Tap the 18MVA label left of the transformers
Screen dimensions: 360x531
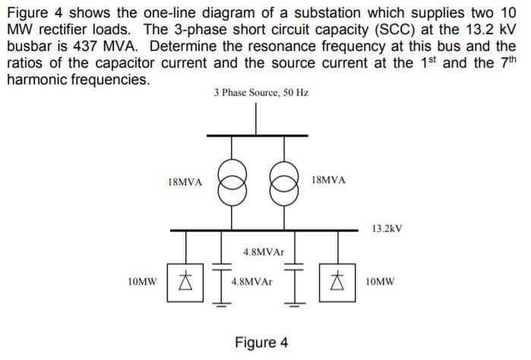[184, 182]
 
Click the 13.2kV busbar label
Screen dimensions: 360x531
[387, 228]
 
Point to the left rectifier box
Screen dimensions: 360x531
[184, 282]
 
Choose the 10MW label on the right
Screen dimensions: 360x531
[380, 281]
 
